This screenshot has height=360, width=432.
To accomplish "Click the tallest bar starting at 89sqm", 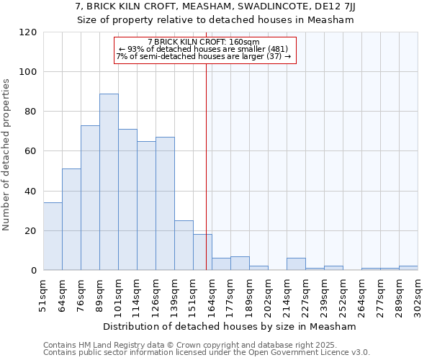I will pos(109,182).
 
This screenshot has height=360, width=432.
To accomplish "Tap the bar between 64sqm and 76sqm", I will pos(71,220).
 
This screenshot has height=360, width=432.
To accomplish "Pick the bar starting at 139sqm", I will pos(184,246).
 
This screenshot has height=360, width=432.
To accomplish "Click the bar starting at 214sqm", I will pos(296,264).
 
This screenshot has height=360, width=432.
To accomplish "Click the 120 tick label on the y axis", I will pos(28,32).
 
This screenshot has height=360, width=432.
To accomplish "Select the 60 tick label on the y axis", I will pos(31,151).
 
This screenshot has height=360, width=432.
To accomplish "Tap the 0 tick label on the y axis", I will pos(34,271).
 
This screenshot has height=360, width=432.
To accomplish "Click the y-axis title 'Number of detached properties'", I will pos(6,155).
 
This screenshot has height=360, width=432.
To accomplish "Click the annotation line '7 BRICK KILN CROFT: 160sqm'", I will pos(204,42).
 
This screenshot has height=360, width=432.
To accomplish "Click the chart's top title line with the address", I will pos(216,6).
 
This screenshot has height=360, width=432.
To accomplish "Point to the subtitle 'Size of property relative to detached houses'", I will pos(216,20).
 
